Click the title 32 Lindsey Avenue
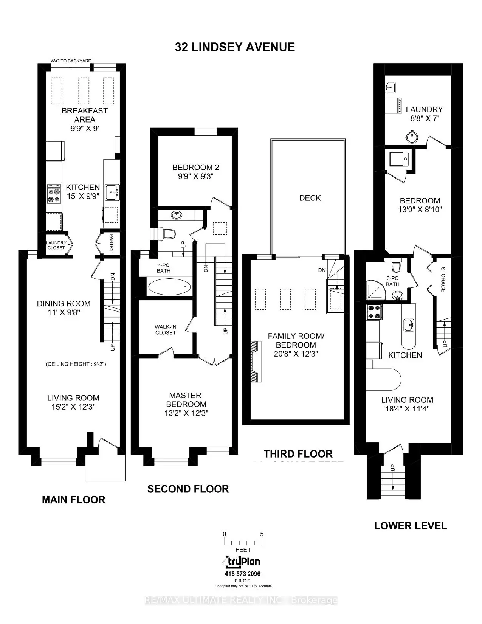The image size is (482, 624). [235, 47]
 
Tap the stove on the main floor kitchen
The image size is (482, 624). [54, 193]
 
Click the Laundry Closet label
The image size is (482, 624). [56, 245]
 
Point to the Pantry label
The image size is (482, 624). [111, 242]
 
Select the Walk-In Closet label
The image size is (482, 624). [165, 329]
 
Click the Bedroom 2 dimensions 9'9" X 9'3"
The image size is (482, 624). [195, 176]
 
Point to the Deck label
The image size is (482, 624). [310, 198]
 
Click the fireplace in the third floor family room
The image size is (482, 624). [256, 362]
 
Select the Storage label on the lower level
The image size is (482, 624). [443, 279]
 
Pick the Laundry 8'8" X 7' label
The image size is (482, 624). [424, 113]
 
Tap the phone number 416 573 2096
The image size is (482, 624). [243, 574]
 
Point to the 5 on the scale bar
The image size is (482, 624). [262, 534]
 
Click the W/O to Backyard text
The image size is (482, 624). [71, 61]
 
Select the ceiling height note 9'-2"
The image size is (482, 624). [76, 364]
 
